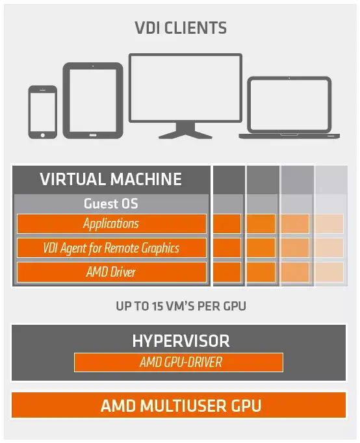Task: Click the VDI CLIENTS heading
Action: pyautogui.click(x=181, y=28)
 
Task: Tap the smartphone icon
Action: pyautogui.click(x=43, y=112)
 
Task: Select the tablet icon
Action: pyautogui.click(x=93, y=101)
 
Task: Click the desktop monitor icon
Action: pyautogui.click(x=185, y=96)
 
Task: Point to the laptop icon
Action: pyautogui.click(x=289, y=107)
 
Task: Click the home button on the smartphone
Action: pyautogui.click(x=43, y=135)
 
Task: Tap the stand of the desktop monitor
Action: pyautogui.click(x=185, y=131)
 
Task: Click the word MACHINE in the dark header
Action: pyautogui.click(x=146, y=179)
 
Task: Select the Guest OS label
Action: pyautogui.click(x=110, y=203)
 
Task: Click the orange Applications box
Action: pyautogui.click(x=112, y=223)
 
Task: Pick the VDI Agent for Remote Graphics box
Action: pyautogui.click(x=112, y=247)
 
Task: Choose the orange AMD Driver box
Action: pyautogui.click(x=112, y=272)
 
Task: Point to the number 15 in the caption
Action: pyautogui.click(x=158, y=306)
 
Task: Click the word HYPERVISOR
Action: pyautogui.click(x=181, y=341)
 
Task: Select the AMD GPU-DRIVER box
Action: pyautogui.click(x=179, y=362)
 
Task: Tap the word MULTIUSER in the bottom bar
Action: pyautogui.click(x=183, y=406)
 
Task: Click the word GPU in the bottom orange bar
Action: pyautogui.click(x=246, y=406)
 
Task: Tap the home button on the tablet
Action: pyautogui.click(x=93, y=135)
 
